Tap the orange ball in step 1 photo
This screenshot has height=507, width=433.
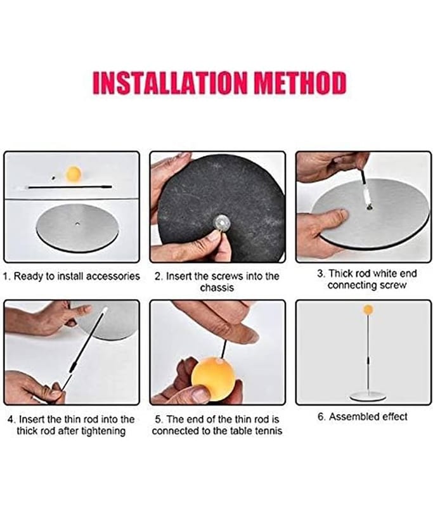pos(73,174)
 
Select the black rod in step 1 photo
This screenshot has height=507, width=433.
pos(70,187)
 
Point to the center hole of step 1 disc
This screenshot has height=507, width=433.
pos(77,224)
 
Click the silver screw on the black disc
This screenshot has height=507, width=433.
pos(222,222)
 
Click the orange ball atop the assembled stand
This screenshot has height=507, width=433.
pos(368,309)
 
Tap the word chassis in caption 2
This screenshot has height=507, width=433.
pos(217,288)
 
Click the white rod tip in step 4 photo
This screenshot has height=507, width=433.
pos(105,311)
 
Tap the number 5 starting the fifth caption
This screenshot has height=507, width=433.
pos(158,420)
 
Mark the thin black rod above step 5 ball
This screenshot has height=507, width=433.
pos(224,349)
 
